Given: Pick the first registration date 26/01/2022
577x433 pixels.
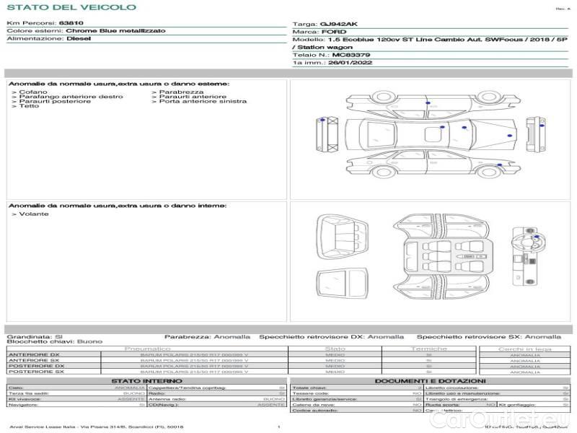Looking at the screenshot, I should tap(343, 63).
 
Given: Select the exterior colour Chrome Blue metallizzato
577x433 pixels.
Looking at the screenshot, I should tap(115, 31).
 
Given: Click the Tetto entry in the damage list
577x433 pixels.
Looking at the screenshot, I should tap(30, 106).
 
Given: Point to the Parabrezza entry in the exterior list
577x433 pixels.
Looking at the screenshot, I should tap(181, 92).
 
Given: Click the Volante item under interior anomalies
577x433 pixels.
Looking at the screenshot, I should tap(33, 214).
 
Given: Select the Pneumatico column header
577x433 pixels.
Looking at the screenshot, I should tap(148, 349).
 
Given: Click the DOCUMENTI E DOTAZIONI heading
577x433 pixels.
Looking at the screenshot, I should tap(430, 380).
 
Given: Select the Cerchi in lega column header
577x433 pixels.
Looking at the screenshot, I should tap(524, 349).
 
